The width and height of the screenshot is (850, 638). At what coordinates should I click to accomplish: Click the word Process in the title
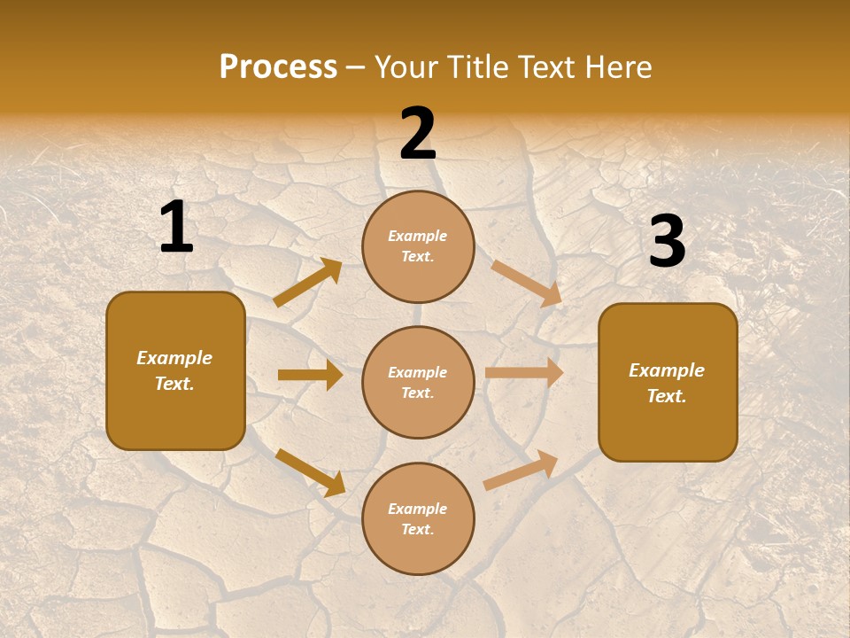(x=278, y=67)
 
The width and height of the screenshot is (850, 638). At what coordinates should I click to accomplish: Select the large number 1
(x=176, y=227)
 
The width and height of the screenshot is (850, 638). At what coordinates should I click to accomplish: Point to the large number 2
(x=418, y=134)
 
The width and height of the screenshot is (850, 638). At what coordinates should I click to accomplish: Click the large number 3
(x=667, y=242)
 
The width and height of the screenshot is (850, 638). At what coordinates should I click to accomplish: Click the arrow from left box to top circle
(x=308, y=282)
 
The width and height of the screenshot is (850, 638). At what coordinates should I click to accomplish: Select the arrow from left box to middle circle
(x=310, y=375)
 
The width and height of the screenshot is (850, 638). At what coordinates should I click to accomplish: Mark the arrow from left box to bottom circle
(x=310, y=471)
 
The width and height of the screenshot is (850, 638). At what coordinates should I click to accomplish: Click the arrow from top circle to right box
(x=527, y=283)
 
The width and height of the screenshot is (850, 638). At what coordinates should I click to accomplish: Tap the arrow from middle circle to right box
(x=524, y=372)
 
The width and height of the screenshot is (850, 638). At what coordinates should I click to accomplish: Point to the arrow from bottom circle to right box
(x=521, y=470)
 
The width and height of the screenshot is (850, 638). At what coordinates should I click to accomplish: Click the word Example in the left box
(x=174, y=358)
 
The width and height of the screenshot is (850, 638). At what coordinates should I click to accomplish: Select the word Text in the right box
(x=666, y=396)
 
